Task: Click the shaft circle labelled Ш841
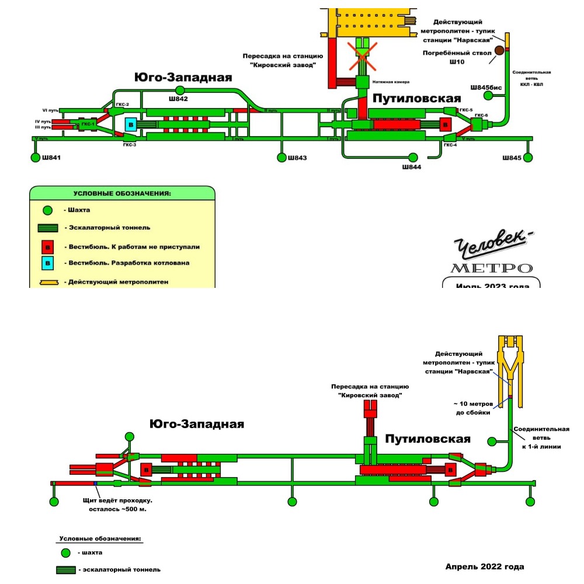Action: click(34, 158)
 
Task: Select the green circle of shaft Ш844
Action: click(413, 157)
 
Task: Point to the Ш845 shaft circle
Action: click(528, 158)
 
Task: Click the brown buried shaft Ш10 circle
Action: click(499, 51)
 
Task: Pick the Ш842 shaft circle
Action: click(180, 89)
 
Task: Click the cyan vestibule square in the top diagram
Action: click(131, 124)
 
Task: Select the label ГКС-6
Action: click(482, 116)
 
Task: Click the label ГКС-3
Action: click(130, 145)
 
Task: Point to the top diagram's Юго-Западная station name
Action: click(183, 77)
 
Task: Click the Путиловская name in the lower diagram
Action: click(428, 439)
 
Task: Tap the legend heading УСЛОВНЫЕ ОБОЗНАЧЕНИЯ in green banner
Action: click(121, 193)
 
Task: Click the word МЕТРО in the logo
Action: click(492, 269)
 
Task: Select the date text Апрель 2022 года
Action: click(485, 566)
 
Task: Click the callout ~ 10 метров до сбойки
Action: click(472, 409)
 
